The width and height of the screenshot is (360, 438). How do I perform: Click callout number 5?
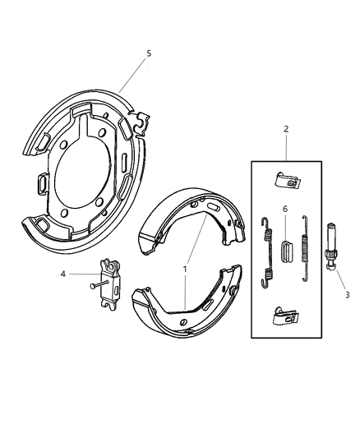pos(149,53)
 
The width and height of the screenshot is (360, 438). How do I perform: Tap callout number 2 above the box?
pos(285,129)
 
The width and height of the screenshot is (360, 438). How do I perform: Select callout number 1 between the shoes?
pos(185,268)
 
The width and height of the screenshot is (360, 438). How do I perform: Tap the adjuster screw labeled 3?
pos(334,251)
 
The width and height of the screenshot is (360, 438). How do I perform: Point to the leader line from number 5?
pos(133,75)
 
